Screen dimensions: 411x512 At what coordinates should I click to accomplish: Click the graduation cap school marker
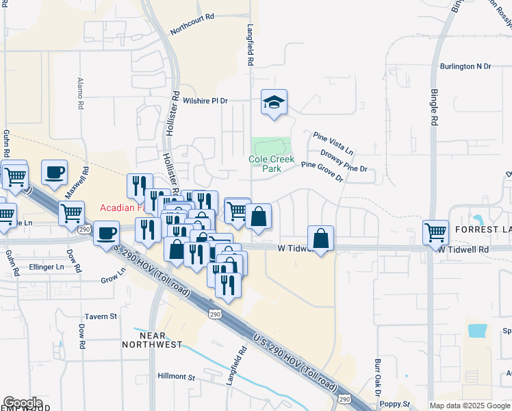pos(274,103)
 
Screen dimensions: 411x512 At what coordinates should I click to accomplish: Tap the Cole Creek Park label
pos(272,164)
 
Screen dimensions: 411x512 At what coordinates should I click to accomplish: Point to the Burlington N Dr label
pos(465,66)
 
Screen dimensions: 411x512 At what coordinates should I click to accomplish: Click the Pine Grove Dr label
pos(322,171)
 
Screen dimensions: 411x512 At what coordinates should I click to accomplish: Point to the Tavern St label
pos(101,316)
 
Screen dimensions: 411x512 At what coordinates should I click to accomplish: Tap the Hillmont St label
pos(177,377)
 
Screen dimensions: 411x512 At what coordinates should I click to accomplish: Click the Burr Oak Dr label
pos(377,377)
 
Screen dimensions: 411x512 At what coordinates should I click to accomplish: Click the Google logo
pos(23,403)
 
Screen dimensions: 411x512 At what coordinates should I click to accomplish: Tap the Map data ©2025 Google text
pos(470,406)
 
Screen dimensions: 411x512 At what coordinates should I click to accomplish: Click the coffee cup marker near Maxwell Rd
pos(54,172)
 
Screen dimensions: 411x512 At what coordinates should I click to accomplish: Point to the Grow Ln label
pos(114,276)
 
